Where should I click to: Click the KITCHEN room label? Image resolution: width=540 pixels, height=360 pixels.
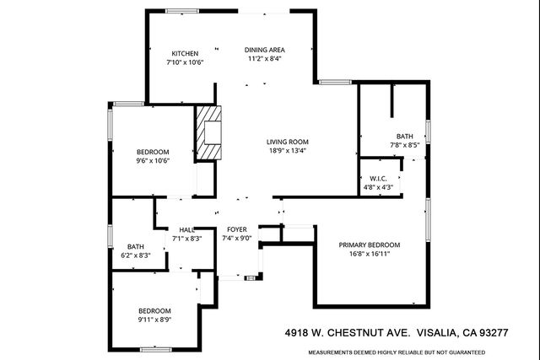(x=185, y=53)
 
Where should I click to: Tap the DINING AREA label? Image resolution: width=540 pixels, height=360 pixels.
(x=265, y=50)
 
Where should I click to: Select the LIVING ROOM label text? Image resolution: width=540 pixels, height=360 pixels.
(x=287, y=142)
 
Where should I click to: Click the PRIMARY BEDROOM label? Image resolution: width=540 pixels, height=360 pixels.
(x=370, y=244)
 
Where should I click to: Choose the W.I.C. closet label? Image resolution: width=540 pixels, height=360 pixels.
(x=378, y=178)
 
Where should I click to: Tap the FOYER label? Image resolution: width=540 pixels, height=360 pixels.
(x=236, y=229)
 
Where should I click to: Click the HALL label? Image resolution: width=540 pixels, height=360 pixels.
(x=186, y=229)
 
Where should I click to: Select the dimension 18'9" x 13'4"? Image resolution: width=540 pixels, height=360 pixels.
(x=287, y=151)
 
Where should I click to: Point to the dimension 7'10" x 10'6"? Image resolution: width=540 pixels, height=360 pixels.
(x=185, y=62)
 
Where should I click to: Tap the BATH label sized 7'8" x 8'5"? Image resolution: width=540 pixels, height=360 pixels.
(x=405, y=136)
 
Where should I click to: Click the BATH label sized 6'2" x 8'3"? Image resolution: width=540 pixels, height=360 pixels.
(x=136, y=246)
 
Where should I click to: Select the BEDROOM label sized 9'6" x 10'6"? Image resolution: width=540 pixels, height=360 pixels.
(x=153, y=152)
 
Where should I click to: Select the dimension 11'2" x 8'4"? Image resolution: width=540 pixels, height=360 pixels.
(x=265, y=59)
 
